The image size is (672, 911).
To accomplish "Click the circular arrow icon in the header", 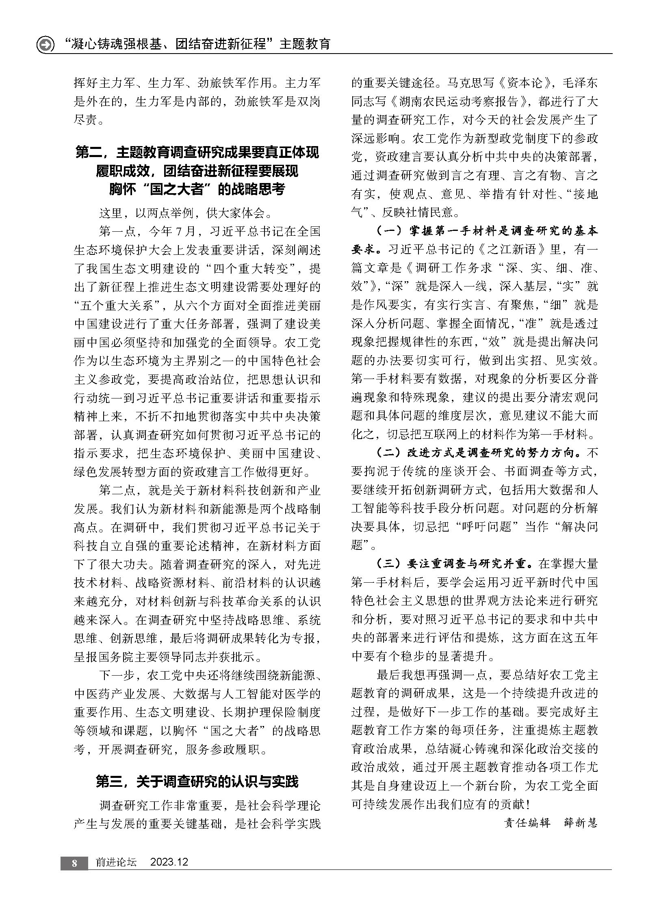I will [46, 45].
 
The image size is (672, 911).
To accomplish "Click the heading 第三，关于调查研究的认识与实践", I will [197, 781].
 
